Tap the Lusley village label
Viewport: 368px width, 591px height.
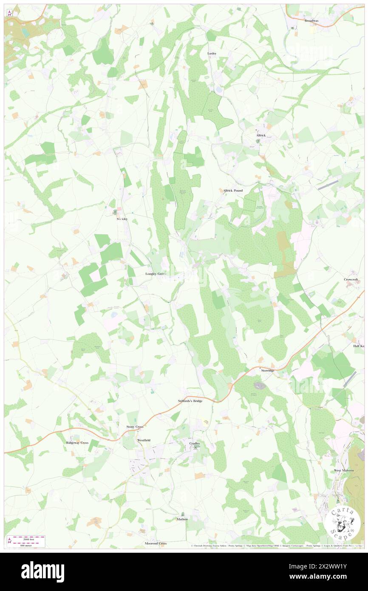point(212,53)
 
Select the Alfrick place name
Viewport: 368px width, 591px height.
point(261,135)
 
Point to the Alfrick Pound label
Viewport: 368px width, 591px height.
point(233,190)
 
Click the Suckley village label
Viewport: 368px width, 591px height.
point(122,219)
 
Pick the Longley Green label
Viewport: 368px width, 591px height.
point(156,274)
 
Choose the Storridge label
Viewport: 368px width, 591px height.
point(267,370)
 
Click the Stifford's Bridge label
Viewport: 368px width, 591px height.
point(190,401)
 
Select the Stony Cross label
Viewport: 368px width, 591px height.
point(135,426)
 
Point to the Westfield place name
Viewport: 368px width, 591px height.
point(144,440)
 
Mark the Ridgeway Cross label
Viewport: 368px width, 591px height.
point(77,443)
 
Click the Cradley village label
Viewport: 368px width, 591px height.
point(195,443)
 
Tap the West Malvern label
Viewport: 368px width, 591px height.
point(343,471)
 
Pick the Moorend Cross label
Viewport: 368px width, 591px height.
point(156,543)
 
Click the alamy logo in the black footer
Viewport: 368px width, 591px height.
point(42,572)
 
